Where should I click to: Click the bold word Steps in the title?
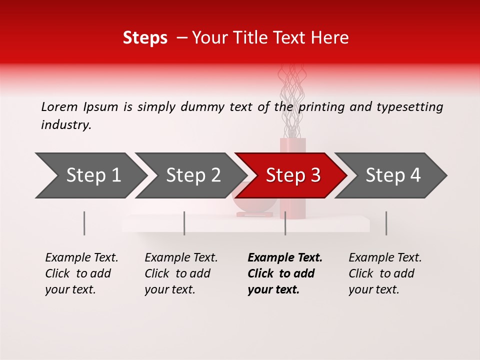pos(145,38)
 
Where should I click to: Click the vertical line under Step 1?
pos(84,223)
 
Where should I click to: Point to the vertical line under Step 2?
pos(184,223)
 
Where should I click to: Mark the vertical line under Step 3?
pos(285,223)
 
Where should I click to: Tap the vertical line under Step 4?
pos(386,223)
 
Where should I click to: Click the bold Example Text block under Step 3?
pos(285,273)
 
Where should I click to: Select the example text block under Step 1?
pos(81,273)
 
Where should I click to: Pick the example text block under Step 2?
pos(181,273)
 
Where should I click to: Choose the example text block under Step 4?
pos(385,273)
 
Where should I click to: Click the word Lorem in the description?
pos(59,106)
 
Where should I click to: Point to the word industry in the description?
pos(65,125)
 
